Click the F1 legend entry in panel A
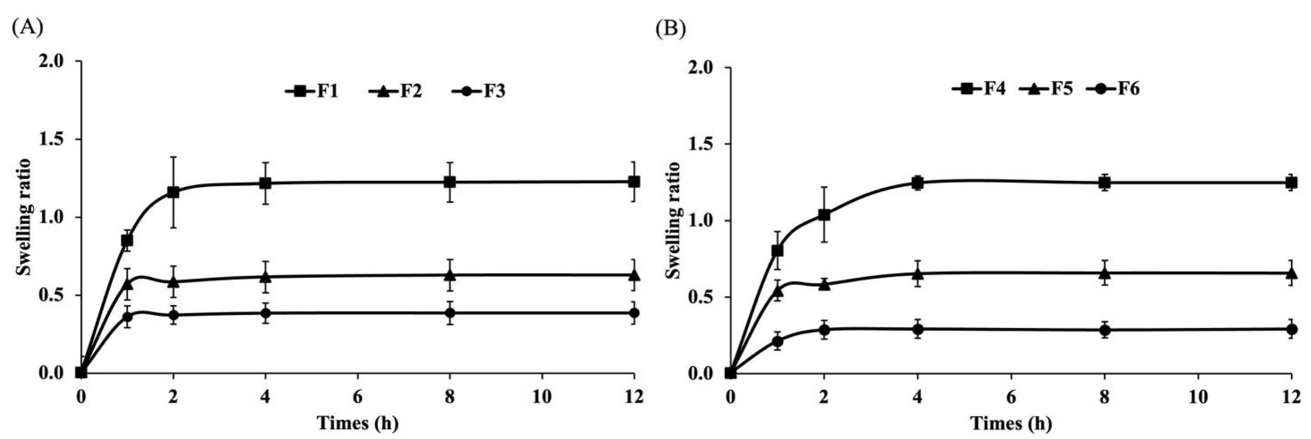tap(312, 92)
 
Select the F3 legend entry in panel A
tap(478, 92)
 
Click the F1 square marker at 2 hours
tap(173, 192)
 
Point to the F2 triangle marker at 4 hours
tap(265, 277)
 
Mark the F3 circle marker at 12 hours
tap(634, 313)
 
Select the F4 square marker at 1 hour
tap(777, 251)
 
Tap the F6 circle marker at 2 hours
tap(824, 329)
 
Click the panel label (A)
tap(27, 27)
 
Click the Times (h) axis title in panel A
tap(357, 423)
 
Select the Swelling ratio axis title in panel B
tap(673, 220)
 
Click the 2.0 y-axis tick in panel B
tap(704, 68)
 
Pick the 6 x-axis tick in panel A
tap(357, 397)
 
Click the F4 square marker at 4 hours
tap(917, 182)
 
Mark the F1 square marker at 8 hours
tap(449, 182)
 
